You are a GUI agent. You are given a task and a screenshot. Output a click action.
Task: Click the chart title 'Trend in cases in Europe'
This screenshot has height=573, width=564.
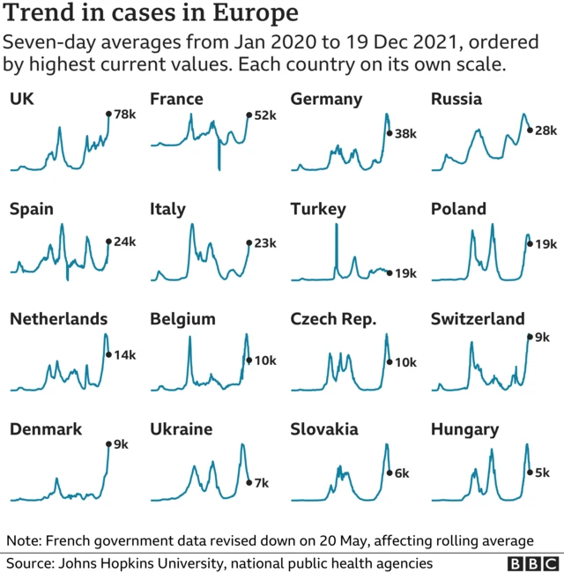pyautogui.click(x=151, y=15)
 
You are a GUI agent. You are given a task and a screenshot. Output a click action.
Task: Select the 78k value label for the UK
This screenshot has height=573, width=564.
pyautogui.click(x=123, y=115)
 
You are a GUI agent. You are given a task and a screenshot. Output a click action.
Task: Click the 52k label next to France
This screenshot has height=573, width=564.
pyautogui.click(x=264, y=115)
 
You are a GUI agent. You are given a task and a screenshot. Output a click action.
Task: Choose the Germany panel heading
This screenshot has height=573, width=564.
pyautogui.click(x=326, y=99)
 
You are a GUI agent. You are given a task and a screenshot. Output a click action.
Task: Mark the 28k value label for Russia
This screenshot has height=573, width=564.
pyautogui.click(x=546, y=130)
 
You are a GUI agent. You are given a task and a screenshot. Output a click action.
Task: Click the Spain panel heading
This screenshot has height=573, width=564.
pyautogui.click(x=32, y=209)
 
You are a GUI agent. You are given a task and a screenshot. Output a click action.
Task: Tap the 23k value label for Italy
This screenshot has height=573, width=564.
pyautogui.click(x=265, y=242)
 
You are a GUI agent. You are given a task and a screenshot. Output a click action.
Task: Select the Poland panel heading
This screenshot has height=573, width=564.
pyautogui.click(x=458, y=209)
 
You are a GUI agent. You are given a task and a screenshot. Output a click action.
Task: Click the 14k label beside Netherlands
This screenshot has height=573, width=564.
pyautogui.click(x=124, y=354)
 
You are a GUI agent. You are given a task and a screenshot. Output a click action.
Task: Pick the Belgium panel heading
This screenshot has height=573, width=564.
pyautogui.click(x=182, y=319)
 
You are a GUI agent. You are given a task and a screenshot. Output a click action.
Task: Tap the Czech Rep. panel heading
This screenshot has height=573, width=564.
pyautogui.click(x=333, y=319)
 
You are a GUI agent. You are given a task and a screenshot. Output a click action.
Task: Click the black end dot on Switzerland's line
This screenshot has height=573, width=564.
pyautogui.click(x=530, y=336)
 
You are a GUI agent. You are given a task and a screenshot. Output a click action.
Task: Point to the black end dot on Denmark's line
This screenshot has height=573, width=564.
pyautogui.click(x=108, y=444)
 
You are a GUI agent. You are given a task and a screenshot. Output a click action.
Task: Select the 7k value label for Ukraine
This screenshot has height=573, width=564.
pyautogui.click(x=262, y=482)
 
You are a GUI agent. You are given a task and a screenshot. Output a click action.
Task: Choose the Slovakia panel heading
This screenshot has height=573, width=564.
pyautogui.click(x=324, y=429)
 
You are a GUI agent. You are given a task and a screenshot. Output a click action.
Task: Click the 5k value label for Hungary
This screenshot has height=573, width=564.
pyautogui.click(x=543, y=473)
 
